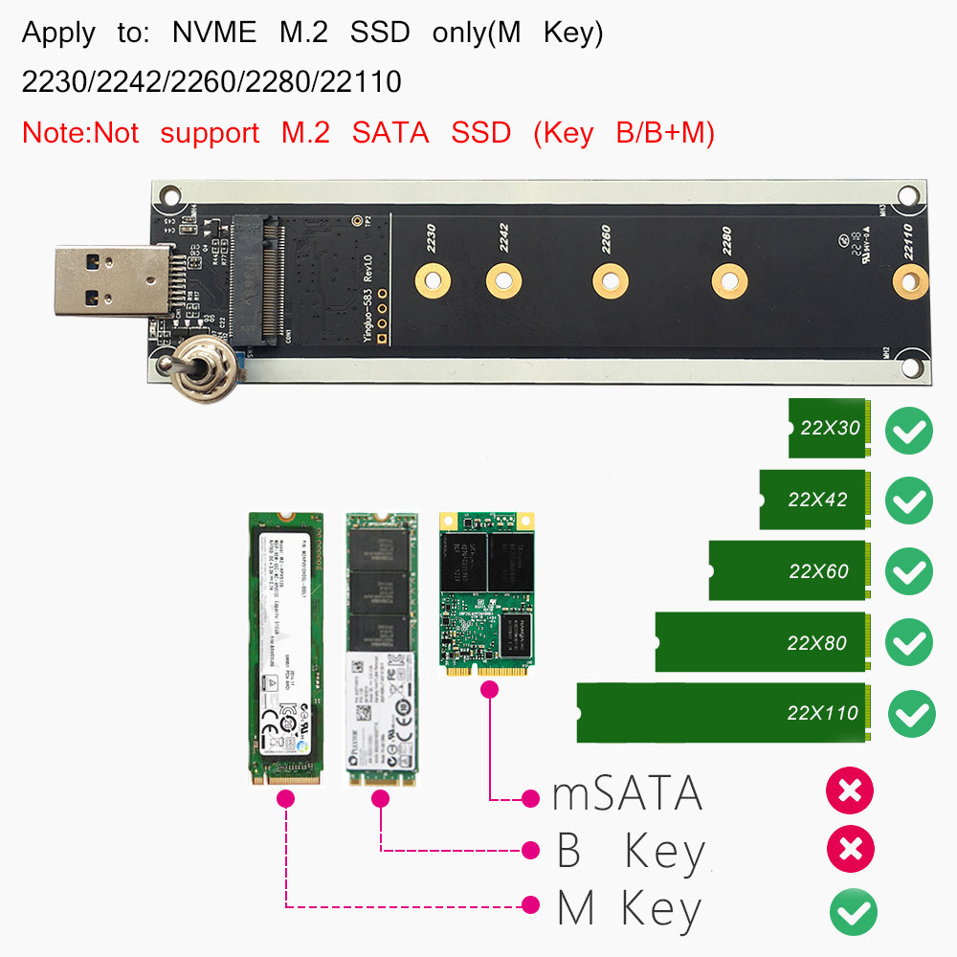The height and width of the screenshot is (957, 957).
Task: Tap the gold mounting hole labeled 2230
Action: [433, 280]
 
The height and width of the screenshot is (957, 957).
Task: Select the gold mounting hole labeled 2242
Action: [503, 280]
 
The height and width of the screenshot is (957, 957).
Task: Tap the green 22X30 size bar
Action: [827, 428]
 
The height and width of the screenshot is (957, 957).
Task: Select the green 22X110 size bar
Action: [723, 712]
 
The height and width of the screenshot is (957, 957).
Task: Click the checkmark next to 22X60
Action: [908, 571]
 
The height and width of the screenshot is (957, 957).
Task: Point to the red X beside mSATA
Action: [849, 791]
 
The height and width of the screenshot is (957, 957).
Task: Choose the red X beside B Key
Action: [849, 849]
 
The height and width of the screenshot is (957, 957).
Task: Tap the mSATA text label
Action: [627, 795]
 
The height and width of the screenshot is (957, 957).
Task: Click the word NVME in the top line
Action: [214, 33]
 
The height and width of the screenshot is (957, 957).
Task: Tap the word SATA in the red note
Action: [390, 133]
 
